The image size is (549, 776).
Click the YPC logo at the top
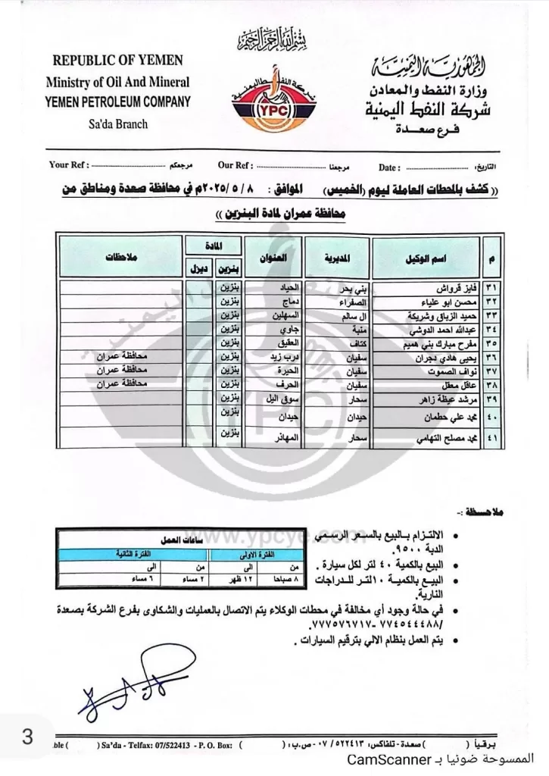(x=274, y=107)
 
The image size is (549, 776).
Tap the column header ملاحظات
(x=121, y=258)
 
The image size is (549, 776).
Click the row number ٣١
(x=494, y=289)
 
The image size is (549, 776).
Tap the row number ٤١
(x=494, y=440)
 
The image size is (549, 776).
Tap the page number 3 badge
(x=27, y=737)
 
